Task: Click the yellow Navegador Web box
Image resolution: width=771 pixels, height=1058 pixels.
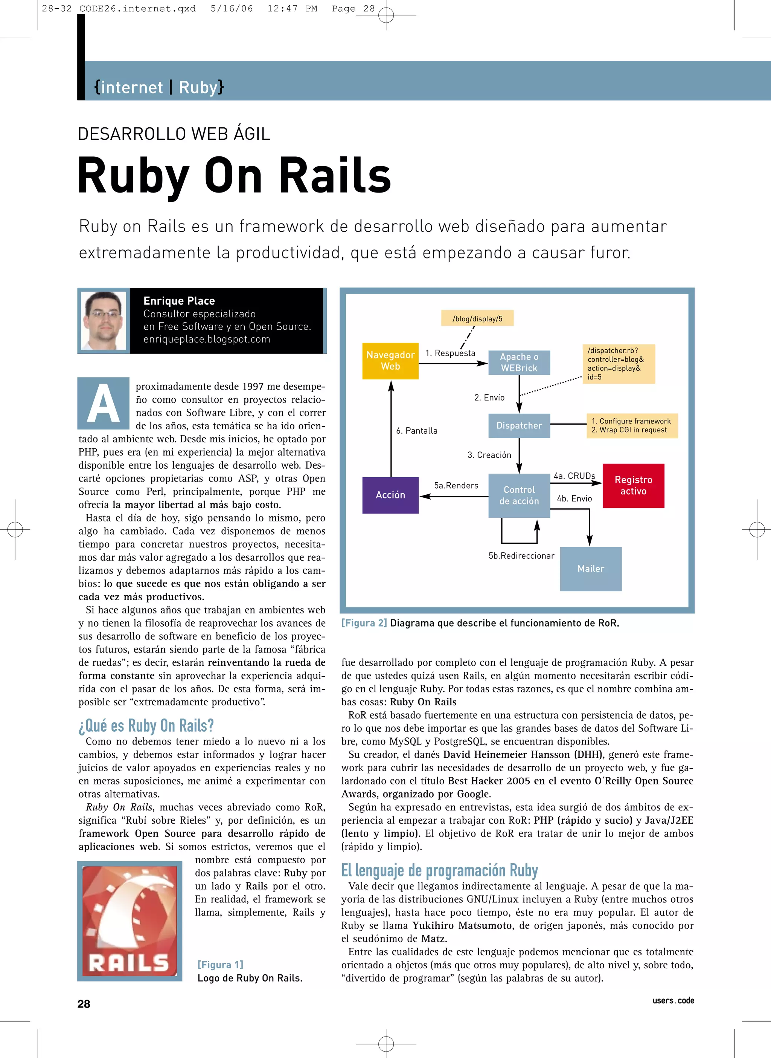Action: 390,361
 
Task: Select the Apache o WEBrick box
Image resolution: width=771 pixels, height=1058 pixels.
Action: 519,362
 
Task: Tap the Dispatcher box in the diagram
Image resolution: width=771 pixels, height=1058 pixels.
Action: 519,425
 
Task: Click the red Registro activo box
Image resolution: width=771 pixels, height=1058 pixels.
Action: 633,485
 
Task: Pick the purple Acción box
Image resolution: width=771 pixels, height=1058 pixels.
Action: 390,495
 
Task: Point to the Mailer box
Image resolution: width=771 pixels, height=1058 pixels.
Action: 590,569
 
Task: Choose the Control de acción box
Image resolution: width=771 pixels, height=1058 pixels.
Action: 519,495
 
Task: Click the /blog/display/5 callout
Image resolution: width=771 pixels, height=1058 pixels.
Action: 477,318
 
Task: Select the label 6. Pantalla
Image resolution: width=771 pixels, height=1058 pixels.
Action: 417,431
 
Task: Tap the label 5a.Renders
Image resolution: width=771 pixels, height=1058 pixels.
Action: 456,485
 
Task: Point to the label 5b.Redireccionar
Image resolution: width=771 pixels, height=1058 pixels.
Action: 521,555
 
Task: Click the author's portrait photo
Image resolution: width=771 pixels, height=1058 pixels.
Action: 104,320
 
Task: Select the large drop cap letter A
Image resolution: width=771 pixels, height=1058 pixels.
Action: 104,403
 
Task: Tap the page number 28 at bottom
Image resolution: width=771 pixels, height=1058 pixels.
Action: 84,1004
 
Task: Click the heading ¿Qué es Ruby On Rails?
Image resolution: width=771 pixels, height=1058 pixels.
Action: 146,725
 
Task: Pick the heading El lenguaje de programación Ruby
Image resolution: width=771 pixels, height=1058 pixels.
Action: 439,870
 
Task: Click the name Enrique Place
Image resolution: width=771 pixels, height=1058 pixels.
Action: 179,301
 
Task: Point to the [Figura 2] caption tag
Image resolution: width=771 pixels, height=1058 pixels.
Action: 364,623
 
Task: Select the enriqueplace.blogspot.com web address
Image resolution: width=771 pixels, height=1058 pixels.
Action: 207,339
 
